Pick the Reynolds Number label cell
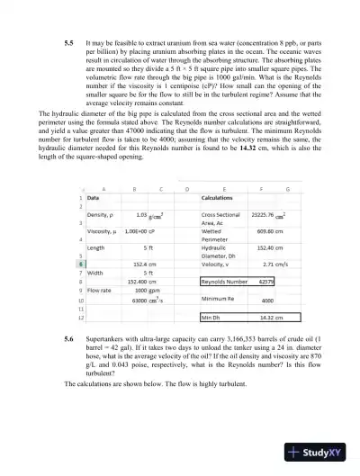click(224, 281)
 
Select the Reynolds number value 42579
click(265, 281)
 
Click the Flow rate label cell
click(100, 291)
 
